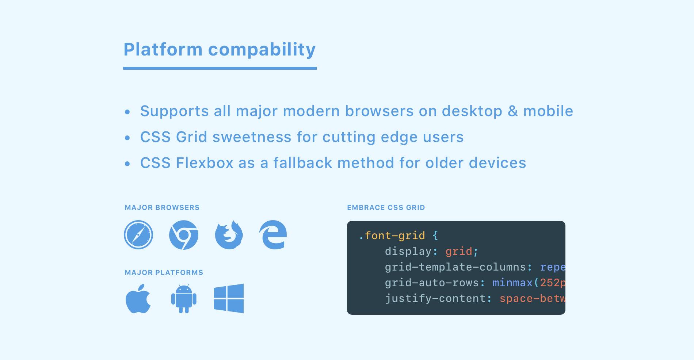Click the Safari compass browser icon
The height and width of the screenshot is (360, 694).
click(138, 235)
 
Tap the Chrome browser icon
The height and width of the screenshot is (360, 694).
click(184, 235)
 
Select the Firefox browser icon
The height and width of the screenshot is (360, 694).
click(229, 235)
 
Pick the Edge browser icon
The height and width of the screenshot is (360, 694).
click(273, 235)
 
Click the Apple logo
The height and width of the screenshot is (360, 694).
click(138, 298)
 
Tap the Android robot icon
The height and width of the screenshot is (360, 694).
click(184, 298)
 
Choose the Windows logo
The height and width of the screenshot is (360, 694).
click(229, 298)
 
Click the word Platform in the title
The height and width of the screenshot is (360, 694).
click(163, 49)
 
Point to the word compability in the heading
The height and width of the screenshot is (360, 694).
click(262, 50)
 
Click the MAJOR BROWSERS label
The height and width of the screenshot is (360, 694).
click(162, 207)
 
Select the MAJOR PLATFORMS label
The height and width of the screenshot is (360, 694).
click(164, 272)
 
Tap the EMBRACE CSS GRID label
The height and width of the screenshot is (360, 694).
click(386, 207)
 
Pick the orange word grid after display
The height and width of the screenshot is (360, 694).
click(459, 252)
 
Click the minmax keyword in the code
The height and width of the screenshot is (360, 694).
click(512, 283)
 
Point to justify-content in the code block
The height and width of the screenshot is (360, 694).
click(435, 299)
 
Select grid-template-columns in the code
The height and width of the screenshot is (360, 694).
click(455, 267)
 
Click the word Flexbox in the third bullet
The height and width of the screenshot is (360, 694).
click(205, 163)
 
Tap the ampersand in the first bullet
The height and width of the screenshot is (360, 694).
click(513, 111)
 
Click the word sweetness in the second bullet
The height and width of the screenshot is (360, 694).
click(252, 137)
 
